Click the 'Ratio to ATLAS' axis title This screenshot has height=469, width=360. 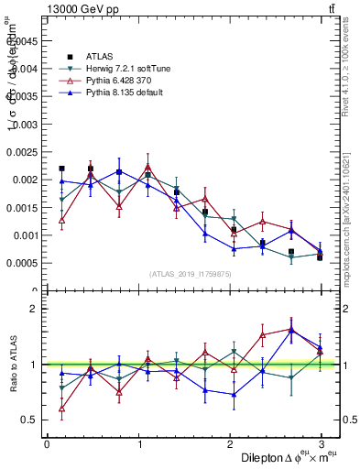[13, 365]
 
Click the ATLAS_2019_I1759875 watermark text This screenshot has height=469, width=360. [191, 273]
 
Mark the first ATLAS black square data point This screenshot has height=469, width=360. [61, 169]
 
